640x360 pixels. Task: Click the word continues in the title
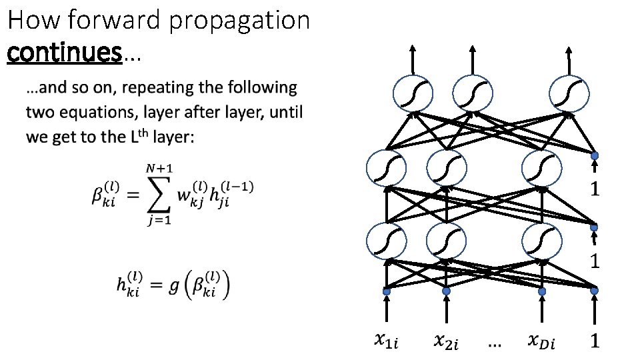pyautogui.click(x=65, y=51)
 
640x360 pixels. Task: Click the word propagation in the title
pyautogui.click(x=239, y=21)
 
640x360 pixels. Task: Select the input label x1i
pyautogui.click(x=385, y=342)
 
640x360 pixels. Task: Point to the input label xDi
pyautogui.click(x=541, y=342)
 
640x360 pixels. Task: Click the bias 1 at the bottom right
pyautogui.click(x=595, y=342)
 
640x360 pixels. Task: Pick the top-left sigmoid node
pyautogui.click(x=412, y=94)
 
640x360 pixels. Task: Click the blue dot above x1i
pyautogui.click(x=385, y=291)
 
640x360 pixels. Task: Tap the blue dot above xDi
pyautogui.click(x=542, y=291)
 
